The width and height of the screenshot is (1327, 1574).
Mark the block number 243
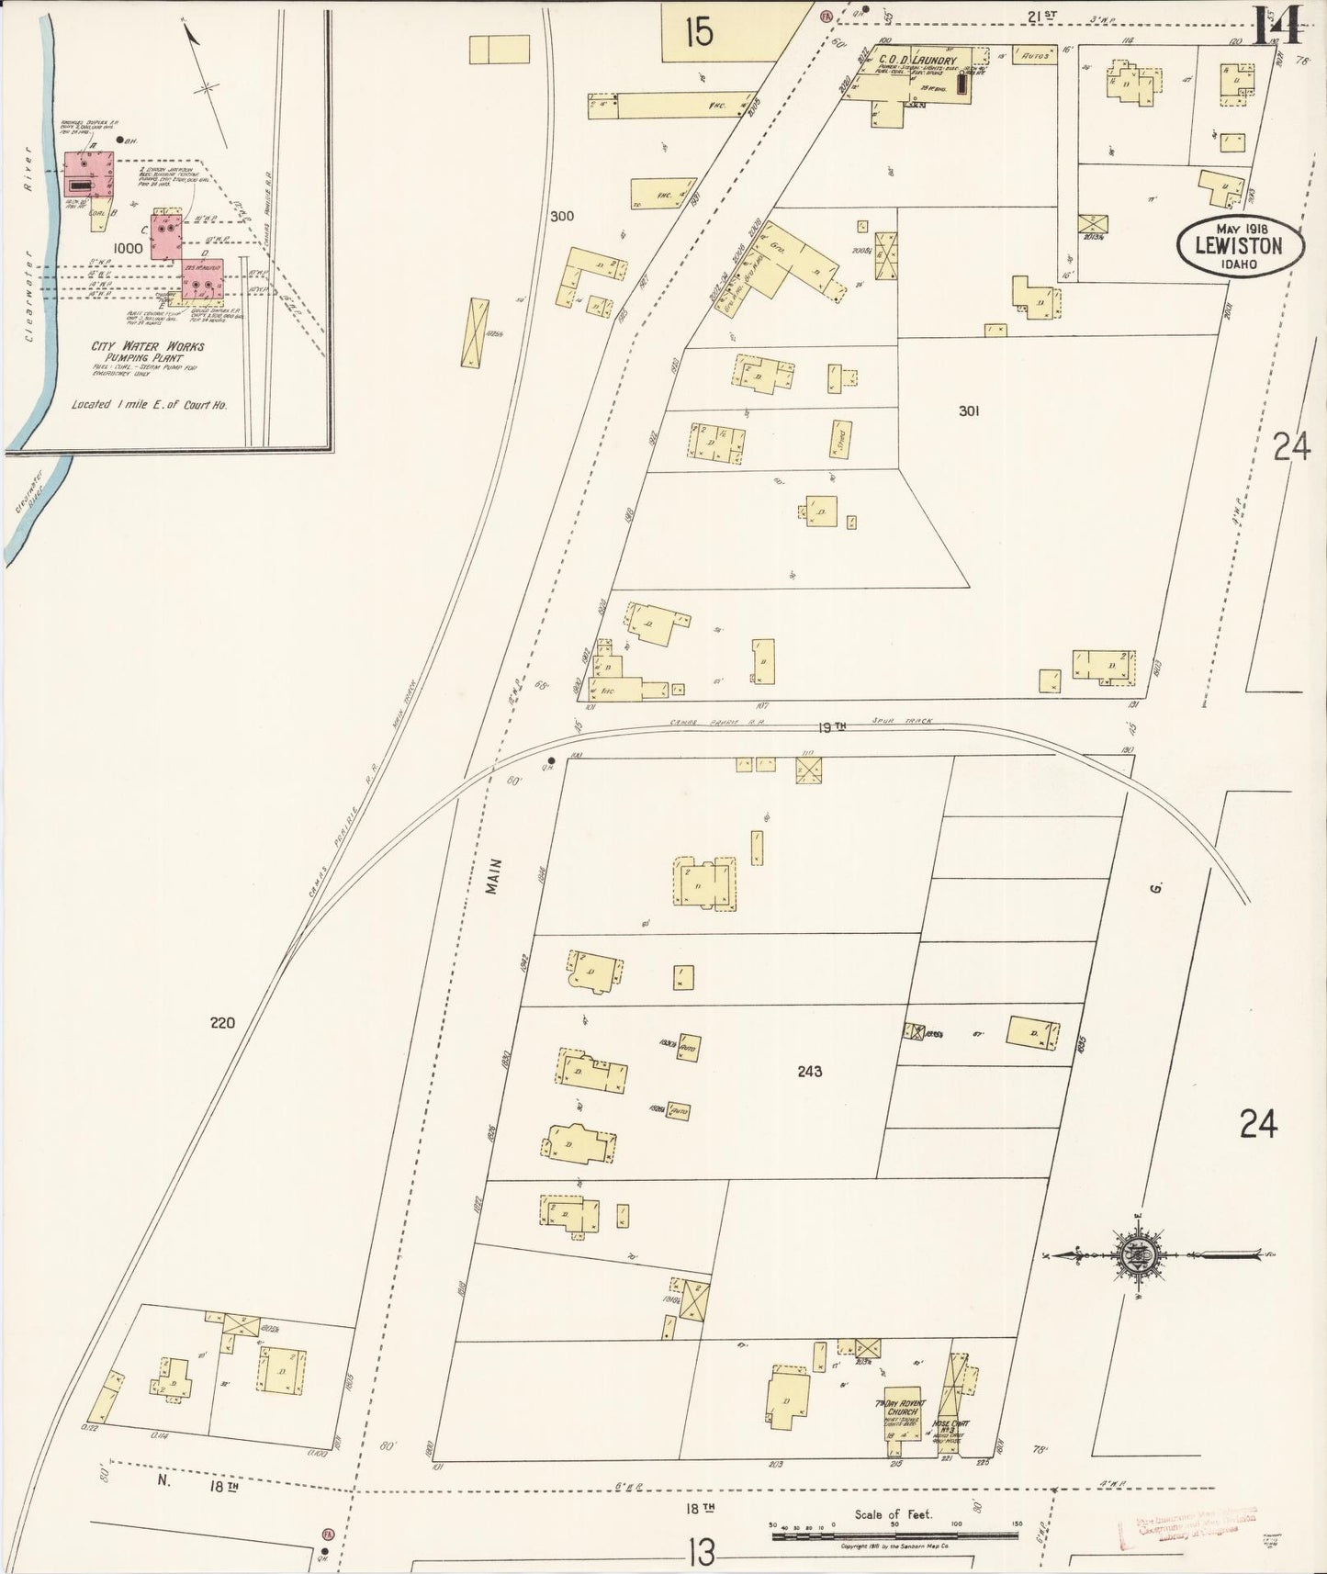coord(809,1071)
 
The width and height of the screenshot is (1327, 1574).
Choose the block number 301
coord(968,410)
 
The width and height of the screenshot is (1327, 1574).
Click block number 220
coord(222,1022)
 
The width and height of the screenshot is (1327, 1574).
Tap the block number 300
coord(561,217)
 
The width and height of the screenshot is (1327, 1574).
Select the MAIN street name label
coord(495,876)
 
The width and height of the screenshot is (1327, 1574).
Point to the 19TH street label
coord(832,726)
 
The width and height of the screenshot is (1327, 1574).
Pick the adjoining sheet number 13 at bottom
coord(700,1552)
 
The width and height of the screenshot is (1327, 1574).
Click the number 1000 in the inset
coord(128,248)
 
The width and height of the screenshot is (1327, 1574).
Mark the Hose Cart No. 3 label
coord(950,1453)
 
